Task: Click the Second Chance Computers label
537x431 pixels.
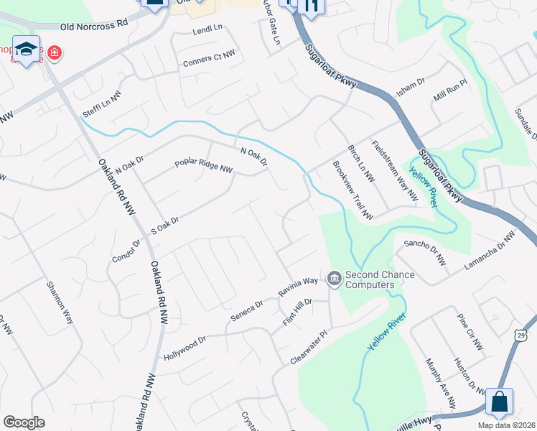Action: click(x=370, y=279)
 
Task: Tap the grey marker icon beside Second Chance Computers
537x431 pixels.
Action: click(x=334, y=277)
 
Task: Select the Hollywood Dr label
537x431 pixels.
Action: click(x=185, y=348)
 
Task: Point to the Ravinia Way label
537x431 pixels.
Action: click(x=298, y=288)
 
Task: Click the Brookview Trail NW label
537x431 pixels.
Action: click(x=353, y=190)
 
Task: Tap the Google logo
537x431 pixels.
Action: click(x=24, y=422)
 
